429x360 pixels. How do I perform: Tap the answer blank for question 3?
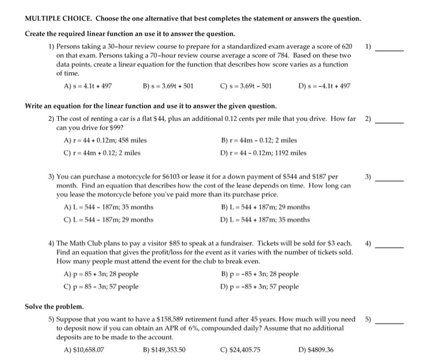pos(390,180)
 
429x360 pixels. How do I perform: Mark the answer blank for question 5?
pos(390,322)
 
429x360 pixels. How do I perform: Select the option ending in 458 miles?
pos(105,140)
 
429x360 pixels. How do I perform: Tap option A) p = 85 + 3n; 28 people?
pos(101,274)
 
